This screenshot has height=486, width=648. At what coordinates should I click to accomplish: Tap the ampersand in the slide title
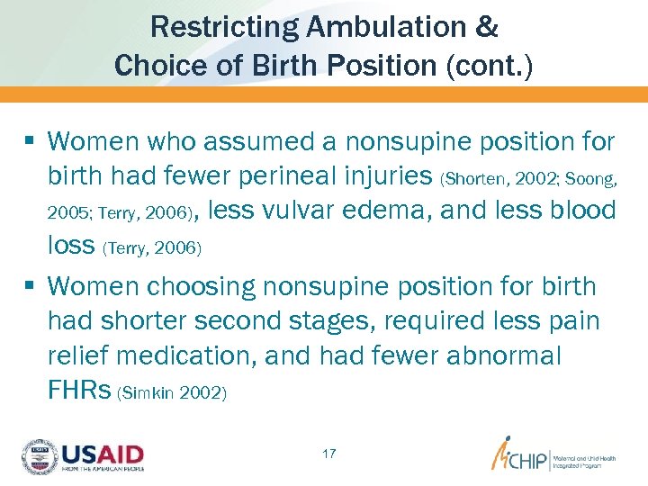coord(486,27)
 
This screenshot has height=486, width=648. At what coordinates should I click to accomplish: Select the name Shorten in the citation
coord(470,178)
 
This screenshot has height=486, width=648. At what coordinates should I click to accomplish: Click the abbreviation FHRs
coord(80,391)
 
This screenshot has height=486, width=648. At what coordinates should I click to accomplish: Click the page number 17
coord(328,454)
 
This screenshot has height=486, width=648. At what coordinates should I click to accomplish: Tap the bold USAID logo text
coord(103,453)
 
